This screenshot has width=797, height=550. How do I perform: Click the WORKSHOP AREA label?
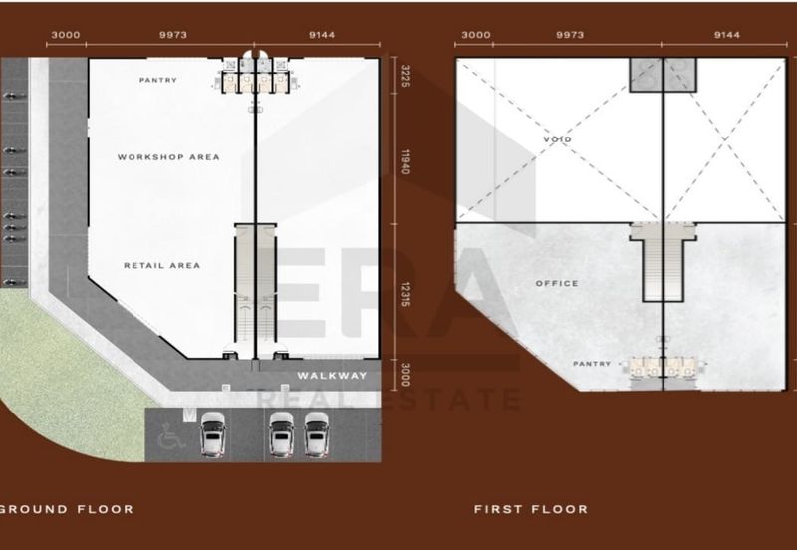point(168,157)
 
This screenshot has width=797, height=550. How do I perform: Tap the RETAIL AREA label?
point(162,265)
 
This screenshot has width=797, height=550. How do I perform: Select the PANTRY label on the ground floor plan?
point(158,80)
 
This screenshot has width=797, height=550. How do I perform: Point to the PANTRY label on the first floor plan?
point(592,364)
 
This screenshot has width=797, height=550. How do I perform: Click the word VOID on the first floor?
point(558,138)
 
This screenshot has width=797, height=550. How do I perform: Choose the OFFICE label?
point(557,284)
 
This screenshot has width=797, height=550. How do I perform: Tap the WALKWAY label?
point(332,376)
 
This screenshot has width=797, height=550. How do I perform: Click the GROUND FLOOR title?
point(67,509)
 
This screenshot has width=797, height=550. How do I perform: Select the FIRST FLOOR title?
point(530,509)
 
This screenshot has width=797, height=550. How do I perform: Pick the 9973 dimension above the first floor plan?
point(571,35)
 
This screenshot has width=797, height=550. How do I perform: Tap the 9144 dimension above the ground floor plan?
point(322,35)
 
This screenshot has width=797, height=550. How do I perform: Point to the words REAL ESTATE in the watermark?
point(389,401)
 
